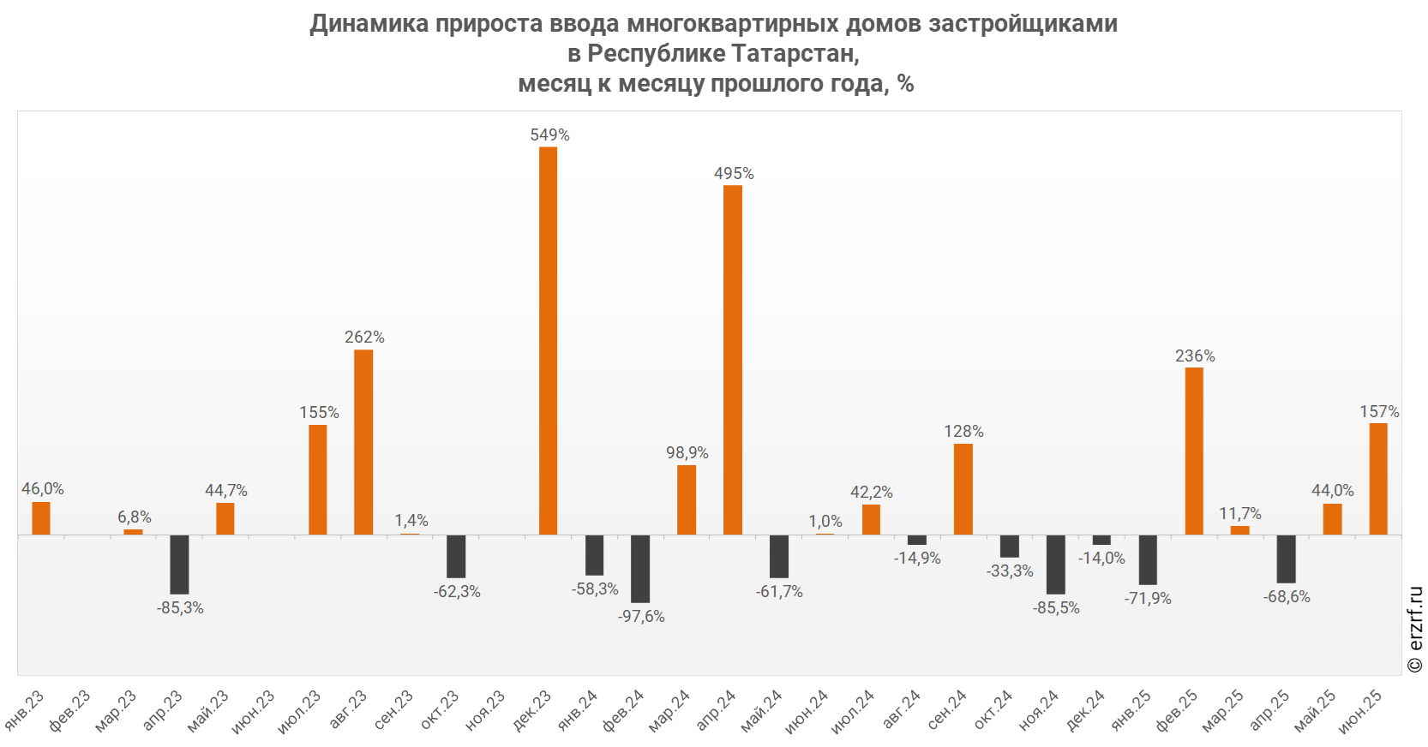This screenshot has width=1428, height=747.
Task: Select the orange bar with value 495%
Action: [x=733, y=360]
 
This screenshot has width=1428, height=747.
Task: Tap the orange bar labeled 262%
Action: [x=363, y=442]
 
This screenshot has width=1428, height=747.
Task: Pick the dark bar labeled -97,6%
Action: [x=640, y=569]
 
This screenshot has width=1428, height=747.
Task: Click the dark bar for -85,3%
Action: [x=179, y=565]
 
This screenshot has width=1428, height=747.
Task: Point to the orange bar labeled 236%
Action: [x=1194, y=451]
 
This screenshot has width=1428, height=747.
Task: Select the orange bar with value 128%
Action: [x=963, y=489]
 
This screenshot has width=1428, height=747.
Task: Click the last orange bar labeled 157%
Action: [x=1378, y=479]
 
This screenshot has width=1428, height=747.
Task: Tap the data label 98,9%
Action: [x=687, y=452]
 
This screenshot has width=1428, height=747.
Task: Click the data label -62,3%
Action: [x=457, y=591]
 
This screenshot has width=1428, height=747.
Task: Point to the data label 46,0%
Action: [x=43, y=488]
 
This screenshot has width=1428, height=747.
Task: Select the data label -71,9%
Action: [x=1148, y=598]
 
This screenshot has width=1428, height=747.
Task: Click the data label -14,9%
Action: [x=917, y=558]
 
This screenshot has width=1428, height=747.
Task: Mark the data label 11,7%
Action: [x=1240, y=513]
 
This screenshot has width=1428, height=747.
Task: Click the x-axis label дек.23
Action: [x=533, y=711]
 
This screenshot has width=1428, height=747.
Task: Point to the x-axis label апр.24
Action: [x=717, y=711]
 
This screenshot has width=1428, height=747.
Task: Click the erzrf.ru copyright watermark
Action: [x=1415, y=629]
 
